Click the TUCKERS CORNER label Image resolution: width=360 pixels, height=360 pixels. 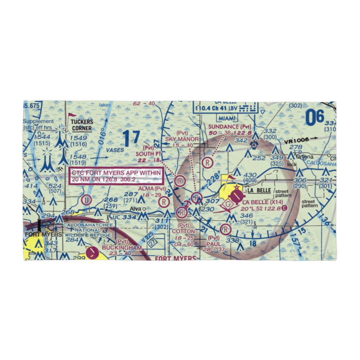[x=82, y=125]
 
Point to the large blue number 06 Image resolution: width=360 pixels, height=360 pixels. [x=314, y=117]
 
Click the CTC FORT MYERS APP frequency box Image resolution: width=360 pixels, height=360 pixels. [x=116, y=176]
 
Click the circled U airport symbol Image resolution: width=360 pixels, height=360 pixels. [x=86, y=199]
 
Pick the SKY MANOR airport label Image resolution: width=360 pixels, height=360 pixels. [x=182, y=139]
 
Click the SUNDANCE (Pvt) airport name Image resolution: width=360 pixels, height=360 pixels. [x=230, y=126]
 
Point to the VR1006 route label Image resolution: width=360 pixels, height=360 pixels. [x=296, y=141]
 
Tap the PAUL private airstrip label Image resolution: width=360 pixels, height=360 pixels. [x=214, y=244]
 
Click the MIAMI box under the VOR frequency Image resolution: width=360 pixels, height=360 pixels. [x=226, y=118]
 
